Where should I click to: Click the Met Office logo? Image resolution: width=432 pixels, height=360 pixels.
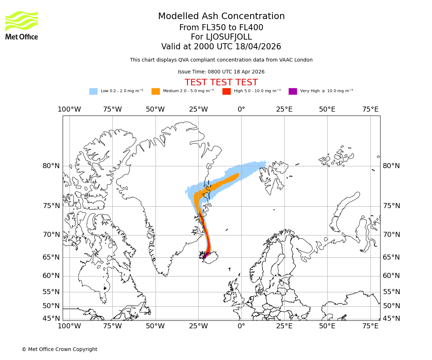click(x=22, y=25)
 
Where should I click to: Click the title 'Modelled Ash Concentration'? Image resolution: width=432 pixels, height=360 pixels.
click(x=221, y=17)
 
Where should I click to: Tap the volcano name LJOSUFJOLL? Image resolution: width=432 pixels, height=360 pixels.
click(x=221, y=37)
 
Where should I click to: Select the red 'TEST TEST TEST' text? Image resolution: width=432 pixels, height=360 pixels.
click(x=221, y=82)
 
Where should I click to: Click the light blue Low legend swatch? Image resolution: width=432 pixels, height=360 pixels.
click(x=93, y=91)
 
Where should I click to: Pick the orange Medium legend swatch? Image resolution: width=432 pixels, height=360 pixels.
click(x=156, y=91)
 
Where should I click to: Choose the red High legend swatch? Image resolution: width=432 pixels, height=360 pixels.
click(x=226, y=91)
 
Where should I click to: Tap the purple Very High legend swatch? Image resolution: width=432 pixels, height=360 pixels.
click(x=293, y=91)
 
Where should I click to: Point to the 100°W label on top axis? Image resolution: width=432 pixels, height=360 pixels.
click(x=69, y=109)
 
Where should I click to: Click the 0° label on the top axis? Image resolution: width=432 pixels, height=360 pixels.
click(x=241, y=109)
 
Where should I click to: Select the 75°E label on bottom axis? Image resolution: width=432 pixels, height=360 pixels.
click(x=370, y=326)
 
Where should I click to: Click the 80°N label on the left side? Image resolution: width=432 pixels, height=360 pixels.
click(x=51, y=166)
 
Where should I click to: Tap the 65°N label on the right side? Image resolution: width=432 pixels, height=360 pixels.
click(x=391, y=257)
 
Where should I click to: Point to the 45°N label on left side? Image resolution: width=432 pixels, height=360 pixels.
click(x=51, y=319)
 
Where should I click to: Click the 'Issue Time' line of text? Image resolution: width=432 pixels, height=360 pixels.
click(x=221, y=72)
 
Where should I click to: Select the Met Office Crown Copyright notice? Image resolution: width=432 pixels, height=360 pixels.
click(x=59, y=349)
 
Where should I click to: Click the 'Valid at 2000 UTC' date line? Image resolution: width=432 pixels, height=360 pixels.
click(x=221, y=47)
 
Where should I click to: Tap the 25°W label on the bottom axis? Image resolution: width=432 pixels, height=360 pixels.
click(x=198, y=326)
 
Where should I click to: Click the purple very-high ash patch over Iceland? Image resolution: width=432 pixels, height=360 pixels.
click(x=204, y=257)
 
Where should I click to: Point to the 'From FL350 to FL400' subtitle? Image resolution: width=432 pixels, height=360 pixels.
click(x=221, y=28)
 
